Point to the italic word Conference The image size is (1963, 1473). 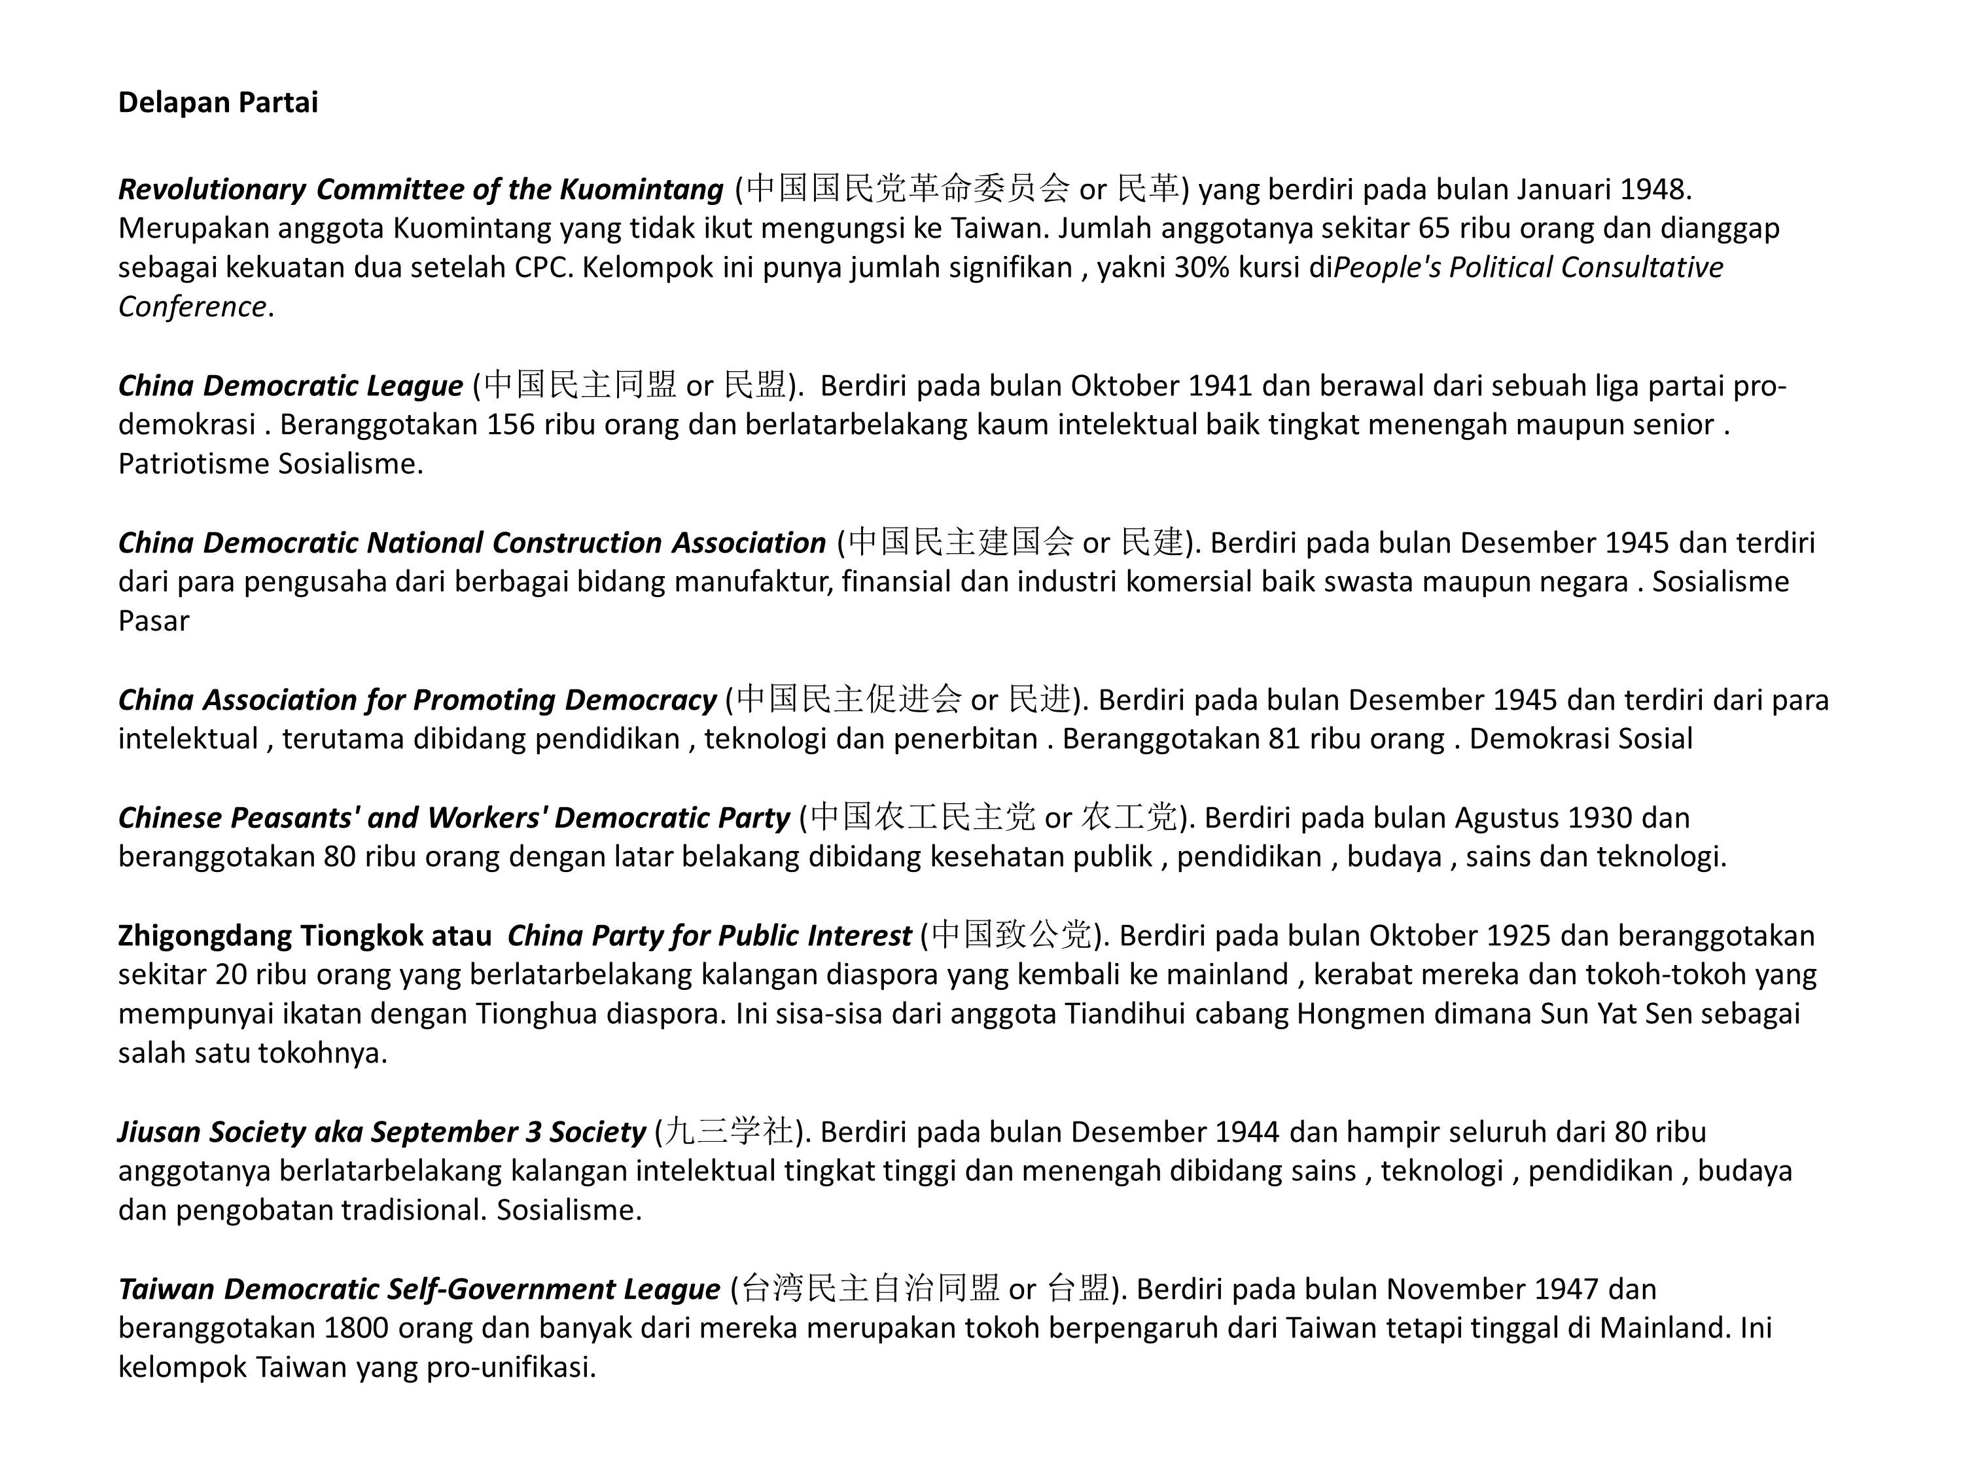192,306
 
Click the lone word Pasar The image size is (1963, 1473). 154,621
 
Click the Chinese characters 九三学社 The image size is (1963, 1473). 728,1132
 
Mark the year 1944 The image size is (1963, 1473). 1247,1132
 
